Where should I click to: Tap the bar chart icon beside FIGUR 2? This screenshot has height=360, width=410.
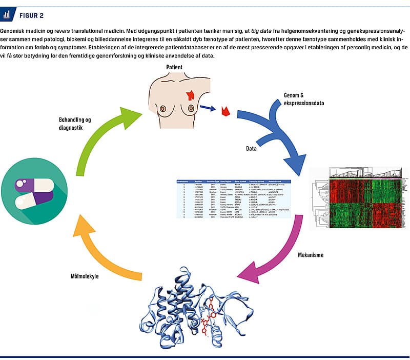[x=9, y=14]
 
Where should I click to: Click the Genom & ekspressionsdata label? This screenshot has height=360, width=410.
[x=304, y=98]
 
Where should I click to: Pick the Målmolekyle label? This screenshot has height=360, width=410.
[x=85, y=276]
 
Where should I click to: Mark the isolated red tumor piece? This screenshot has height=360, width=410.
[x=224, y=110]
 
